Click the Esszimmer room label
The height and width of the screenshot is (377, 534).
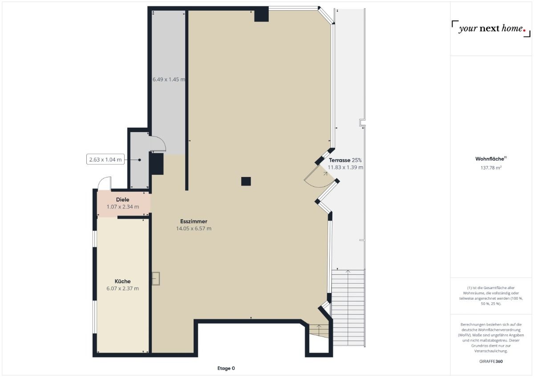pyautogui.click(x=194, y=221)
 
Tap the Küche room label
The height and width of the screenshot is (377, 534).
pyautogui.click(x=122, y=281)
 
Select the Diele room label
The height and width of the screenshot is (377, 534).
pyautogui.click(x=122, y=200)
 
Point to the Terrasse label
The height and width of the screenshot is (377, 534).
pyautogui.click(x=340, y=160)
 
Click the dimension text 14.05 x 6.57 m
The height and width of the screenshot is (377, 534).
pyautogui.click(x=194, y=229)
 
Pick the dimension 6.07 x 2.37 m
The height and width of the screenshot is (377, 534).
pyautogui.click(x=122, y=289)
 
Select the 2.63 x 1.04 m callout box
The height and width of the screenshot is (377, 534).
pyautogui.click(x=105, y=160)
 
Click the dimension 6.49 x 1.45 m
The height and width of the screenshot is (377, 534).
pyautogui.click(x=169, y=80)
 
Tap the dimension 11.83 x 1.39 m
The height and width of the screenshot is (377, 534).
pyautogui.click(x=345, y=168)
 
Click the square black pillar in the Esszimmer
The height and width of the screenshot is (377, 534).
pyautogui.click(x=246, y=181)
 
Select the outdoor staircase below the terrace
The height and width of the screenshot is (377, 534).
pyautogui.click(x=348, y=307)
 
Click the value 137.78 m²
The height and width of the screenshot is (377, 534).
pyautogui.click(x=491, y=168)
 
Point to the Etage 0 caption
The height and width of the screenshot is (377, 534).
pyautogui.click(x=226, y=368)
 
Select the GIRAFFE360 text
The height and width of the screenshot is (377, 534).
pyautogui.click(x=491, y=361)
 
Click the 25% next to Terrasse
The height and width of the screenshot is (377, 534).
pyautogui.click(x=356, y=160)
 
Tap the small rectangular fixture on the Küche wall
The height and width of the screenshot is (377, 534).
pyautogui.click(x=156, y=279)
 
